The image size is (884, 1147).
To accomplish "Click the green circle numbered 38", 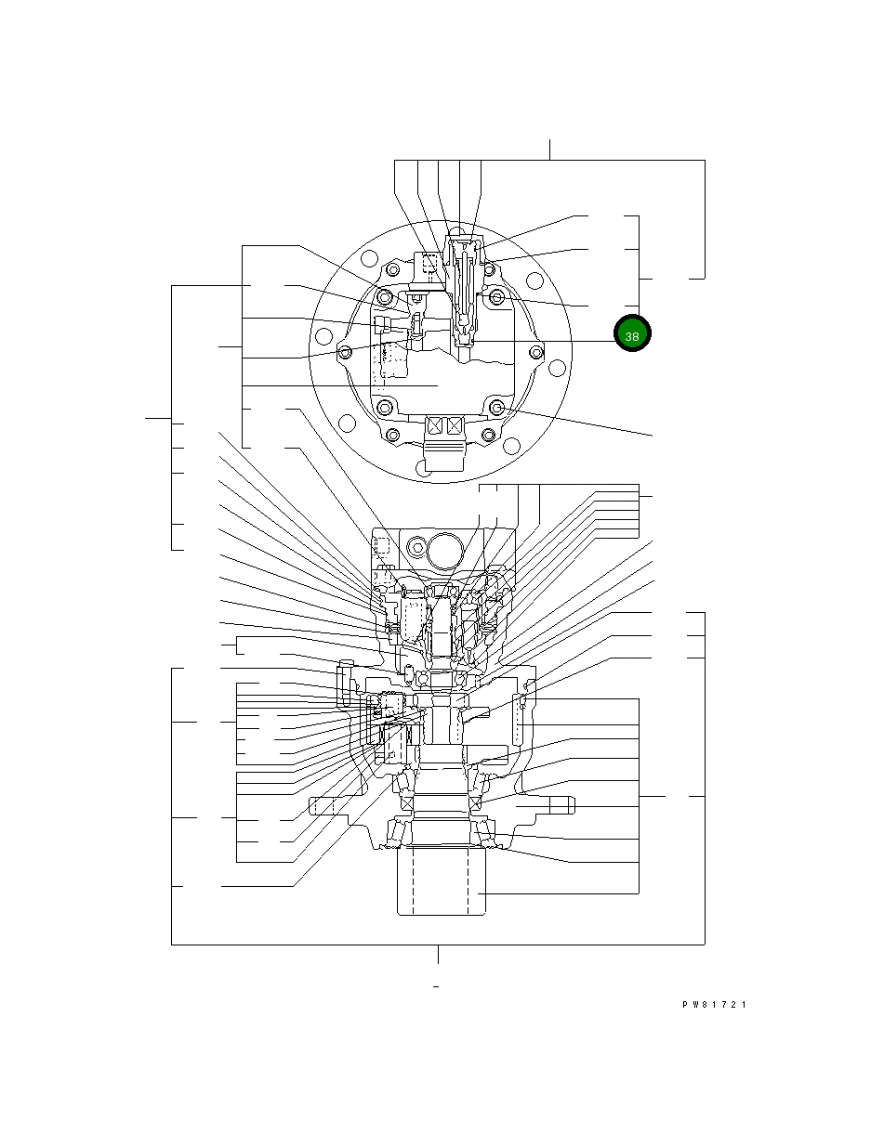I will pos(632,335).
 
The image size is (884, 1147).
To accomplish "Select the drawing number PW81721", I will pos(715,1005).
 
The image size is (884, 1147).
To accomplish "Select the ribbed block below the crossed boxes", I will pos(443,454).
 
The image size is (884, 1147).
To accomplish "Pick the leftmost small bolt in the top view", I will pos(345,352).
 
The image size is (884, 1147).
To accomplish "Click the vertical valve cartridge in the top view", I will pos(465,288).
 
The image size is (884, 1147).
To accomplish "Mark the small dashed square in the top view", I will pos(429,265).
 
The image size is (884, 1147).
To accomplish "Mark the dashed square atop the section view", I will pos(379,545).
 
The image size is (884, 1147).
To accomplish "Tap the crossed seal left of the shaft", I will pos(406,802).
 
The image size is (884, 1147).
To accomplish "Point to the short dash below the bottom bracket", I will pos(436,986).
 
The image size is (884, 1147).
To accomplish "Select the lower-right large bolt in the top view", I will pos(497,408).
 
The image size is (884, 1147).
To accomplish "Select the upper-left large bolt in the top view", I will pos(385,296).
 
